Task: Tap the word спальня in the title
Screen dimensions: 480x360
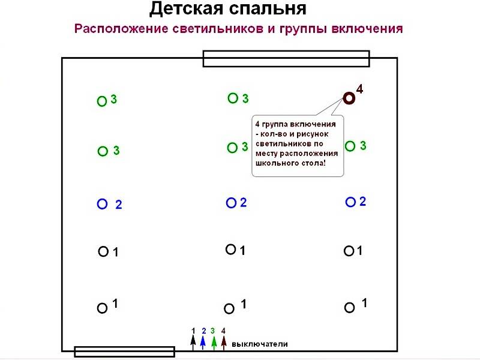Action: click(268, 9)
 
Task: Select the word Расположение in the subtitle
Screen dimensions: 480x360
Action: click(122, 29)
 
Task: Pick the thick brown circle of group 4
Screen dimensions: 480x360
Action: click(349, 98)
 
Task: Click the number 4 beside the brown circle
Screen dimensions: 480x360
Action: click(359, 89)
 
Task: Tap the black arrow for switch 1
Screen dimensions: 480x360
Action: click(193, 343)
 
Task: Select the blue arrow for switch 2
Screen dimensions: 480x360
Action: click(203, 343)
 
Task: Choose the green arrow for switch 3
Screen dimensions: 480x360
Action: click(214, 343)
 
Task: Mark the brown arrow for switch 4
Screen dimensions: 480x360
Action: click(224, 343)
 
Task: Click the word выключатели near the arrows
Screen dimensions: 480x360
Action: click(260, 344)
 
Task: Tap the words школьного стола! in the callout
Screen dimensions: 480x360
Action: click(290, 163)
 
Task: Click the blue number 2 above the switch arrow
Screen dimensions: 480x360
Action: click(204, 331)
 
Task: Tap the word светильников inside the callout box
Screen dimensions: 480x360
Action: click(282, 144)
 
